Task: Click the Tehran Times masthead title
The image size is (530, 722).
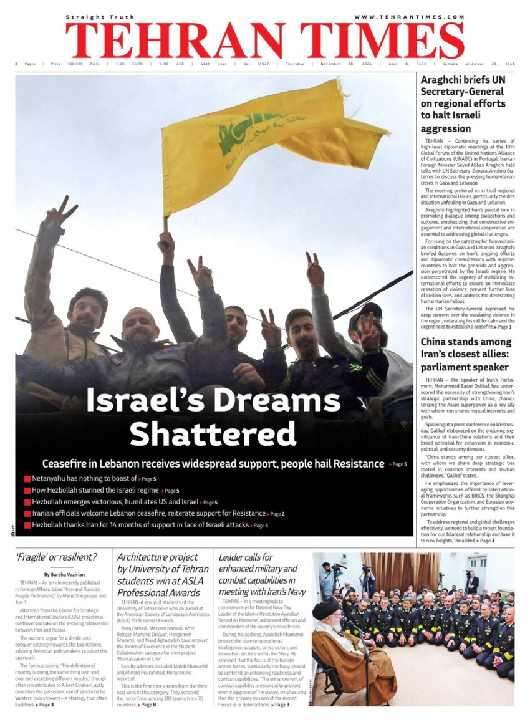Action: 264,41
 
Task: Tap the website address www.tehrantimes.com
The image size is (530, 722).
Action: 409,17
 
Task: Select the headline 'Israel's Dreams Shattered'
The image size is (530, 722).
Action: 213,416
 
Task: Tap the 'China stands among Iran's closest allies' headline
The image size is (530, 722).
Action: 465,354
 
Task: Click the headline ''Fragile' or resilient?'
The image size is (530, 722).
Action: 57,557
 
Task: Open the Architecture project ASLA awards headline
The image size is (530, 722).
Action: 163,574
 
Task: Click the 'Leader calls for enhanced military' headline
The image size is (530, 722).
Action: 263,574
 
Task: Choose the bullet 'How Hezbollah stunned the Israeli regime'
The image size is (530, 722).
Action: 95,490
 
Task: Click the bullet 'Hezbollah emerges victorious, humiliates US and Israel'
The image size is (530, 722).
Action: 115,502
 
